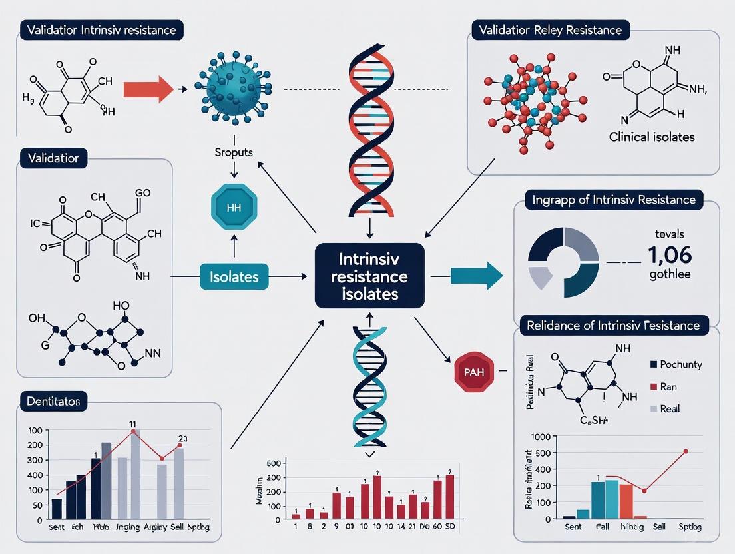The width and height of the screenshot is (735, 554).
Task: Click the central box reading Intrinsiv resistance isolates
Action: coord(369,276)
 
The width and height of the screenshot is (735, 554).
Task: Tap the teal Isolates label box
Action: coord(234,276)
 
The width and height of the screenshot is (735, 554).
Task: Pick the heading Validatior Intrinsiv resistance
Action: coord(102,31)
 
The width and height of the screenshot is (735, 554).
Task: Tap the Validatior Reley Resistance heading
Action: coord(550,30)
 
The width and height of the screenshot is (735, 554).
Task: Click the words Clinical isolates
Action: coord(652,137)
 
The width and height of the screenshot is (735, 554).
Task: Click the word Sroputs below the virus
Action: coord(233,152)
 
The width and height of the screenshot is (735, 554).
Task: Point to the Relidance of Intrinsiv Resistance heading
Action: coord(612,326)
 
